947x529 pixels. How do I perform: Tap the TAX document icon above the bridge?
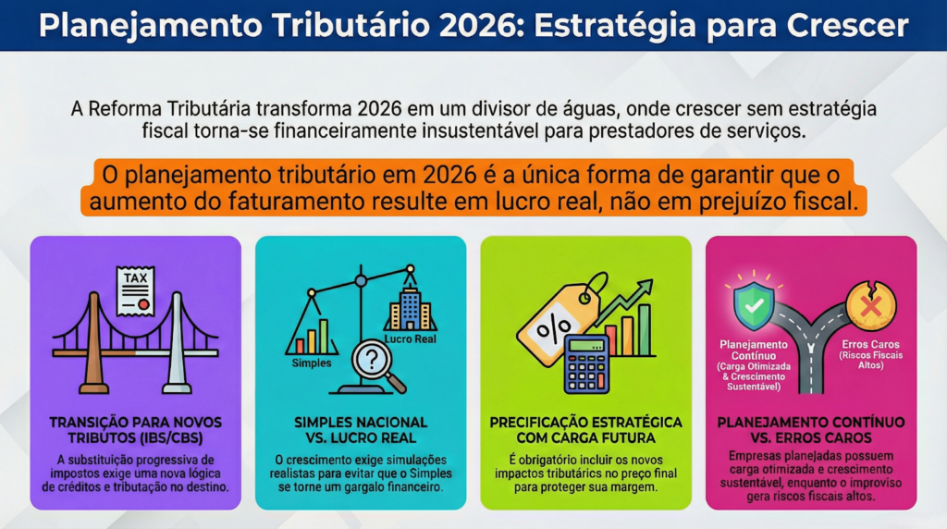point(135,291)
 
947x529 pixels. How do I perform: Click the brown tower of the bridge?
point(94,342)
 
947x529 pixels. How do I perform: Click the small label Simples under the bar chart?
point(312,363)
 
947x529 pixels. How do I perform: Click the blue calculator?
point(586,364)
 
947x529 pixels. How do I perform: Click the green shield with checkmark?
point(754,306)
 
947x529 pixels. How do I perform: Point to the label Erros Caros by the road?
point(870,344)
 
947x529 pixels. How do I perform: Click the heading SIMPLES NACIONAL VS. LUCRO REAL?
point(361,430)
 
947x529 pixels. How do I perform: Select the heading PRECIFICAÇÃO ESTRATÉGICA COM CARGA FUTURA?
point(585,430)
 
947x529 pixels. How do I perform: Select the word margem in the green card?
point(636,487)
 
